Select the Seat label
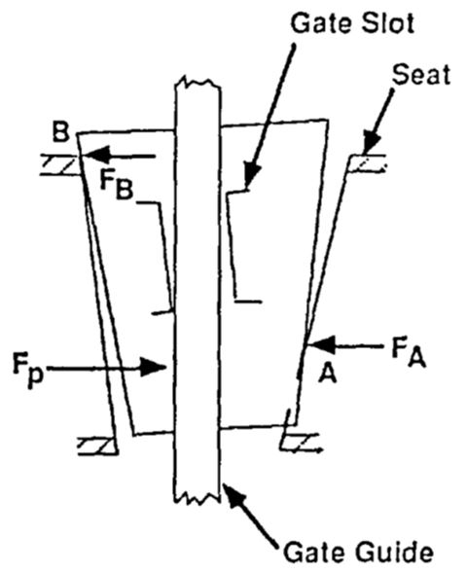tap(420, 75)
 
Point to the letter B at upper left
tap(60, 132)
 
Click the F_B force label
tap(116, 187)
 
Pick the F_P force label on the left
tap(28, 369)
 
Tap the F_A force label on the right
tap(409, 352)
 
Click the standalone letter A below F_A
tap(327, 374)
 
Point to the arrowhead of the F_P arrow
tap(153, 367)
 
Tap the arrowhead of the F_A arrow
tap(321, 344)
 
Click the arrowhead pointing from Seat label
tap(371, 145)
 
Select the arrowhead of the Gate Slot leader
tap(251, 175)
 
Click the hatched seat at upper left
tap(59, 165)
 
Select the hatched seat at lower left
tap(98, 447)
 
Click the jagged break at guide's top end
tap(197, 83)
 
